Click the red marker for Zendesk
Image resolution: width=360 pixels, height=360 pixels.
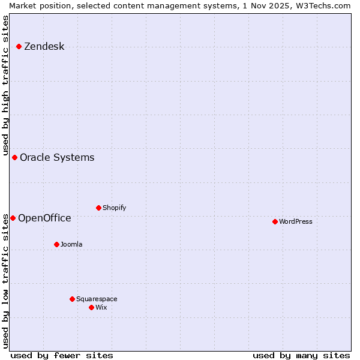pyautogui.click(x=19, y=46)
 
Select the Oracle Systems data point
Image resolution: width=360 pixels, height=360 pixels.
pyautogui.click(x=14, y=157)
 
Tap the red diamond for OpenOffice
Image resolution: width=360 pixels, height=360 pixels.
pyautogui.click(x=13, y=218)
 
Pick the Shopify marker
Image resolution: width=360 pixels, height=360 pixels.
pyautogui.click(x=98, y=208)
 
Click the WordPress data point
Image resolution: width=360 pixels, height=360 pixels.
pyautogui.click(x=275, y=221)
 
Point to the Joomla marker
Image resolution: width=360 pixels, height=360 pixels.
pyautogui.click(x=56, y=244)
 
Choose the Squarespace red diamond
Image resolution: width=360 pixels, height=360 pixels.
pyautogui.click(x=72, y=299)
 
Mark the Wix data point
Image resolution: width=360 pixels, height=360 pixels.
pyautogui.click(x=91, y=307)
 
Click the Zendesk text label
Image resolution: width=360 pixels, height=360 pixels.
pyautogui.click(x=44, y=47)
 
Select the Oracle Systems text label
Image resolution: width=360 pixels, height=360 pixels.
pyautogui.click(x=57, y=158)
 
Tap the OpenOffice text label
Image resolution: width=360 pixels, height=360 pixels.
pyautogui.click(x=44, y=218)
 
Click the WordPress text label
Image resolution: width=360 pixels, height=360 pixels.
pyautogui.click(x=296, y=222)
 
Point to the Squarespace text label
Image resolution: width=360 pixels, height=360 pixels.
pyautogui.click(x=97, y=299)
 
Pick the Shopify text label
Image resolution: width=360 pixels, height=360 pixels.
pyautogui.click(x=114, y=208)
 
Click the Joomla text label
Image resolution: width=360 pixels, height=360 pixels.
pyautogui.click(x=71, y=245)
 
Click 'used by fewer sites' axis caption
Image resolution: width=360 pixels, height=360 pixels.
pyautogui.click(x=62, y=355)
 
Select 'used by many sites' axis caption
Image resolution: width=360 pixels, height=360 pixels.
pyautogui.click(x=301, y=355)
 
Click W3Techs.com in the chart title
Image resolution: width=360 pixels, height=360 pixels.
pyautogui.click(x=322, y=5)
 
